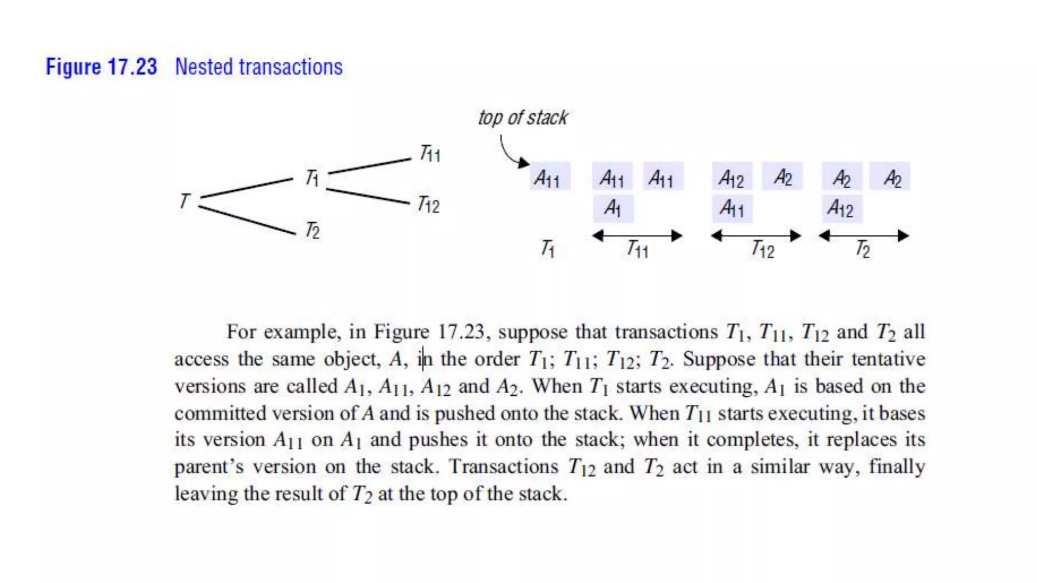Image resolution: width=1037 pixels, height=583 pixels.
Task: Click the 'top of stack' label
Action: coord(523,117)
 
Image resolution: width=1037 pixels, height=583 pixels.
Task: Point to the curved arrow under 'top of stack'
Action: coord(509,152)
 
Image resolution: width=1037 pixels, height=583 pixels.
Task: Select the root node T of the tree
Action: coord(185,201)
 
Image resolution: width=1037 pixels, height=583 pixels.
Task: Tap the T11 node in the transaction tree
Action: coord(430,153)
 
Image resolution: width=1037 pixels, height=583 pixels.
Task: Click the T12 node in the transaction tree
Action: coord(428,205)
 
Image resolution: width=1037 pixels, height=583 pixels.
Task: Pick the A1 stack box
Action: coord(613,208)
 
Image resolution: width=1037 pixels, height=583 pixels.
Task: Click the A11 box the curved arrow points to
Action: coord(550,177)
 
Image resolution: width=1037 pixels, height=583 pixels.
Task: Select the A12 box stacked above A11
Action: coord(732,177)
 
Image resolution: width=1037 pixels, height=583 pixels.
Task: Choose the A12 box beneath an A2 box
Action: coord(841,209)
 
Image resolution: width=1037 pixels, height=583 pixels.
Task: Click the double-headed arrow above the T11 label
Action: coord(637,235)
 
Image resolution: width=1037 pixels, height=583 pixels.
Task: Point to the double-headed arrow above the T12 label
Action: coord(756,235)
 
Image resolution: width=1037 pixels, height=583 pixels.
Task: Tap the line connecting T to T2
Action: coord(247,220)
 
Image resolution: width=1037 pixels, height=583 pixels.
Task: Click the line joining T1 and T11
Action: coord(370,166)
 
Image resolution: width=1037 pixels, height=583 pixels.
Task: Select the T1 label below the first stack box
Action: coord(548,248)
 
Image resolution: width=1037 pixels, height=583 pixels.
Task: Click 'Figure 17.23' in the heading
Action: coord(101,67)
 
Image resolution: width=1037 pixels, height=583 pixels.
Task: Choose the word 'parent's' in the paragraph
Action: coord(209,467)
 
